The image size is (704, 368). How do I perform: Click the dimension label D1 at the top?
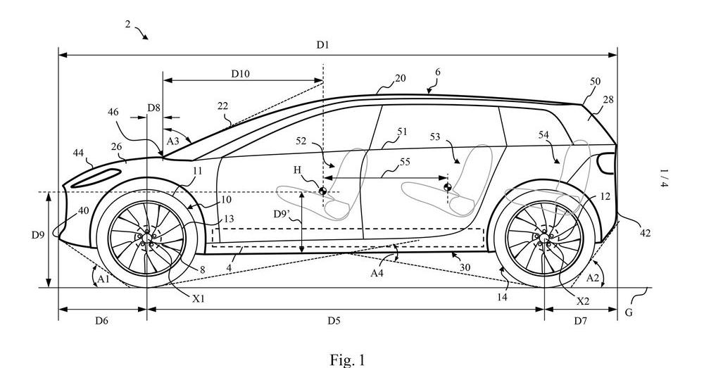[x=323, y=45]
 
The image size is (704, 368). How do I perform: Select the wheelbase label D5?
[x=334, y=320]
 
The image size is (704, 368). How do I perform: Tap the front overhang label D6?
[x=101, y=320]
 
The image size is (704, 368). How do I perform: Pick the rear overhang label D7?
[x=581, y=320]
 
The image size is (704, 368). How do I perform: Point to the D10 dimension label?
[x=241, y=74]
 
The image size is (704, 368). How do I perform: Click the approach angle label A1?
[x=103, y=279]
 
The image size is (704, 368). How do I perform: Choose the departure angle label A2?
[x=593, y=278]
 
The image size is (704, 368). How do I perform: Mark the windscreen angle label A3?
[x=173, y=141]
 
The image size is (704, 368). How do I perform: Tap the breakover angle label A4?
[x=377, y=272]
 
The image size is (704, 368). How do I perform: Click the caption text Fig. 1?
[x=348, y=360]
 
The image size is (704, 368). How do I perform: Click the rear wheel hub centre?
[x=544, y=238]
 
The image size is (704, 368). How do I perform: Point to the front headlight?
[x=96, y=178]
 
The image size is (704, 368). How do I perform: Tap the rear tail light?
[x=607, y=163]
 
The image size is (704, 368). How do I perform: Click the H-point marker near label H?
[x=322, y=191]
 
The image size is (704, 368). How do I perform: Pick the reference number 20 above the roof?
[x=400, y=78]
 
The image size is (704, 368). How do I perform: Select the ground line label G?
[x=629, y=312]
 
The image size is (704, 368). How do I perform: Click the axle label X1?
[x=199, y=298]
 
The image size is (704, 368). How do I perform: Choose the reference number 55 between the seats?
[x=405, y=162]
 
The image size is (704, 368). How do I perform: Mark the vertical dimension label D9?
[x=38, y=234]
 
